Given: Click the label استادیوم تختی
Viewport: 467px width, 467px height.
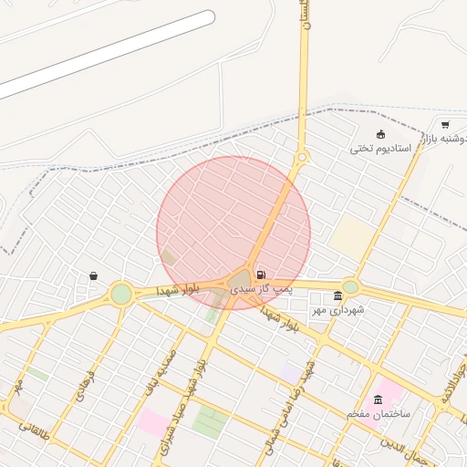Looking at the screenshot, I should (380, 148).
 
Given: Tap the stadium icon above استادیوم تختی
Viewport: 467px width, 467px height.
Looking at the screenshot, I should (380, 134).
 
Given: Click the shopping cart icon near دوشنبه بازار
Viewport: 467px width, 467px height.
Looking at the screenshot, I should (445, 125).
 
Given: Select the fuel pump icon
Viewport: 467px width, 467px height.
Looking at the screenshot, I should (262, 275).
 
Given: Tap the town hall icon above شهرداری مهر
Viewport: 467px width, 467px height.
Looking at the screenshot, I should (338, 296).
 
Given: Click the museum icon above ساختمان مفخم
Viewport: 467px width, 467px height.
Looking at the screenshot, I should (379, 400).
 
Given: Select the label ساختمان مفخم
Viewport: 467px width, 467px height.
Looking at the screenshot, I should (379, 414).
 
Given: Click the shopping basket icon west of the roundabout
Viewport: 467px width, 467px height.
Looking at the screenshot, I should (93, 275).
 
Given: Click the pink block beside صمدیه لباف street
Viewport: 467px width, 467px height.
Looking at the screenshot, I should (152, 422).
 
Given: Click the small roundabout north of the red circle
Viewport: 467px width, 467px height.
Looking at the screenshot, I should (302, 157).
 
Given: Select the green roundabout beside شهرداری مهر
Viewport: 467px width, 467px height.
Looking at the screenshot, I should (350, 286).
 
